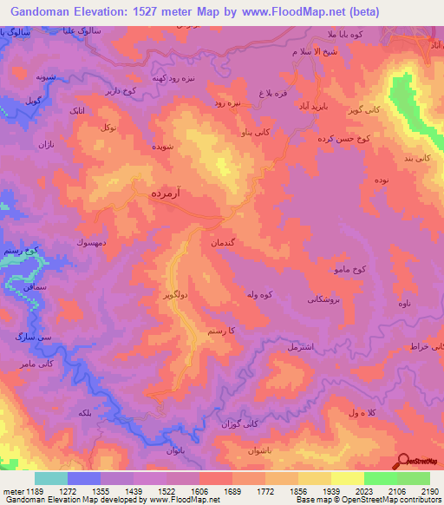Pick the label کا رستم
(x=219, y=332)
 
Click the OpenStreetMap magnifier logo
(x=404, y=462)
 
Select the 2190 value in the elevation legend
(x=429, y=491)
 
